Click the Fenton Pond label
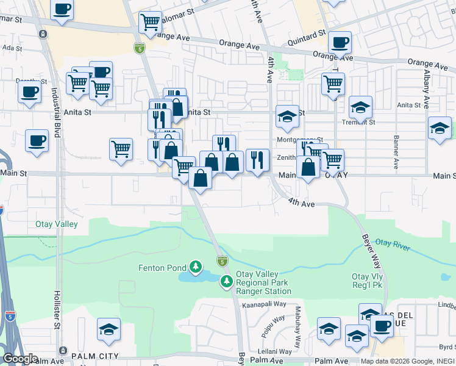click(163, 267)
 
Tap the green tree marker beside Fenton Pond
click(196, 267)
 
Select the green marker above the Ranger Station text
click(227, 281)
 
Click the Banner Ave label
click(396, 152)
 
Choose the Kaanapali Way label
click(263, 304)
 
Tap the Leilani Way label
click(275, 351)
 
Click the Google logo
click(21, 359)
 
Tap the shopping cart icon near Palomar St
click(149, 23)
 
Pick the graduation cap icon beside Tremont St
click(360, 107)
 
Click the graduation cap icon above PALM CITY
click(109, 329)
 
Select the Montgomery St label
click(299, 139)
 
